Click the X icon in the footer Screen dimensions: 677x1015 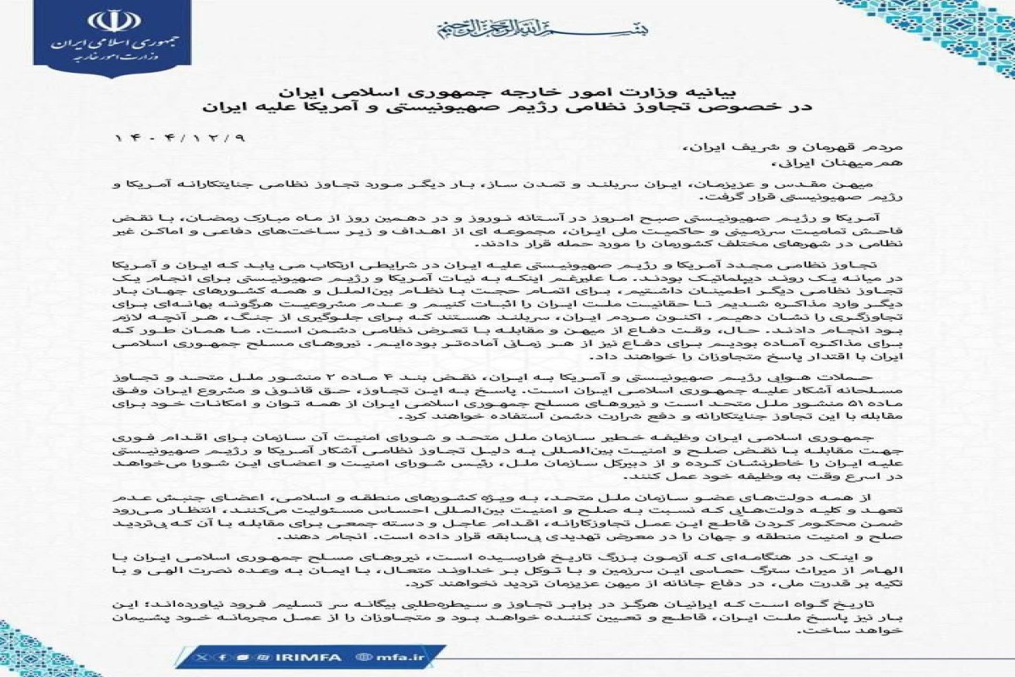pyautogui.click(x=200, y=656)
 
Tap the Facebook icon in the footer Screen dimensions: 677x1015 pyautogui.click(x=222, y=656)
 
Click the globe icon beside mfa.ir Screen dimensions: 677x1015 pyautogui.click(x=365, y=656)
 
